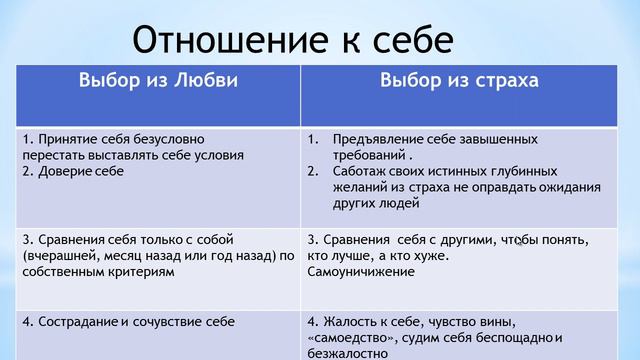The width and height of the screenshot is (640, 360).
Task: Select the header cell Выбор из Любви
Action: tap(158, 81)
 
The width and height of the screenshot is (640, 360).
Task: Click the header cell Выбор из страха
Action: tap(459, 81)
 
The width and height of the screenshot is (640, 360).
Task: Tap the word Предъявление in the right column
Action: tap(381, 139)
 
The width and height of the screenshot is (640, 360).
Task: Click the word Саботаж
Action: tap(363, 171)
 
